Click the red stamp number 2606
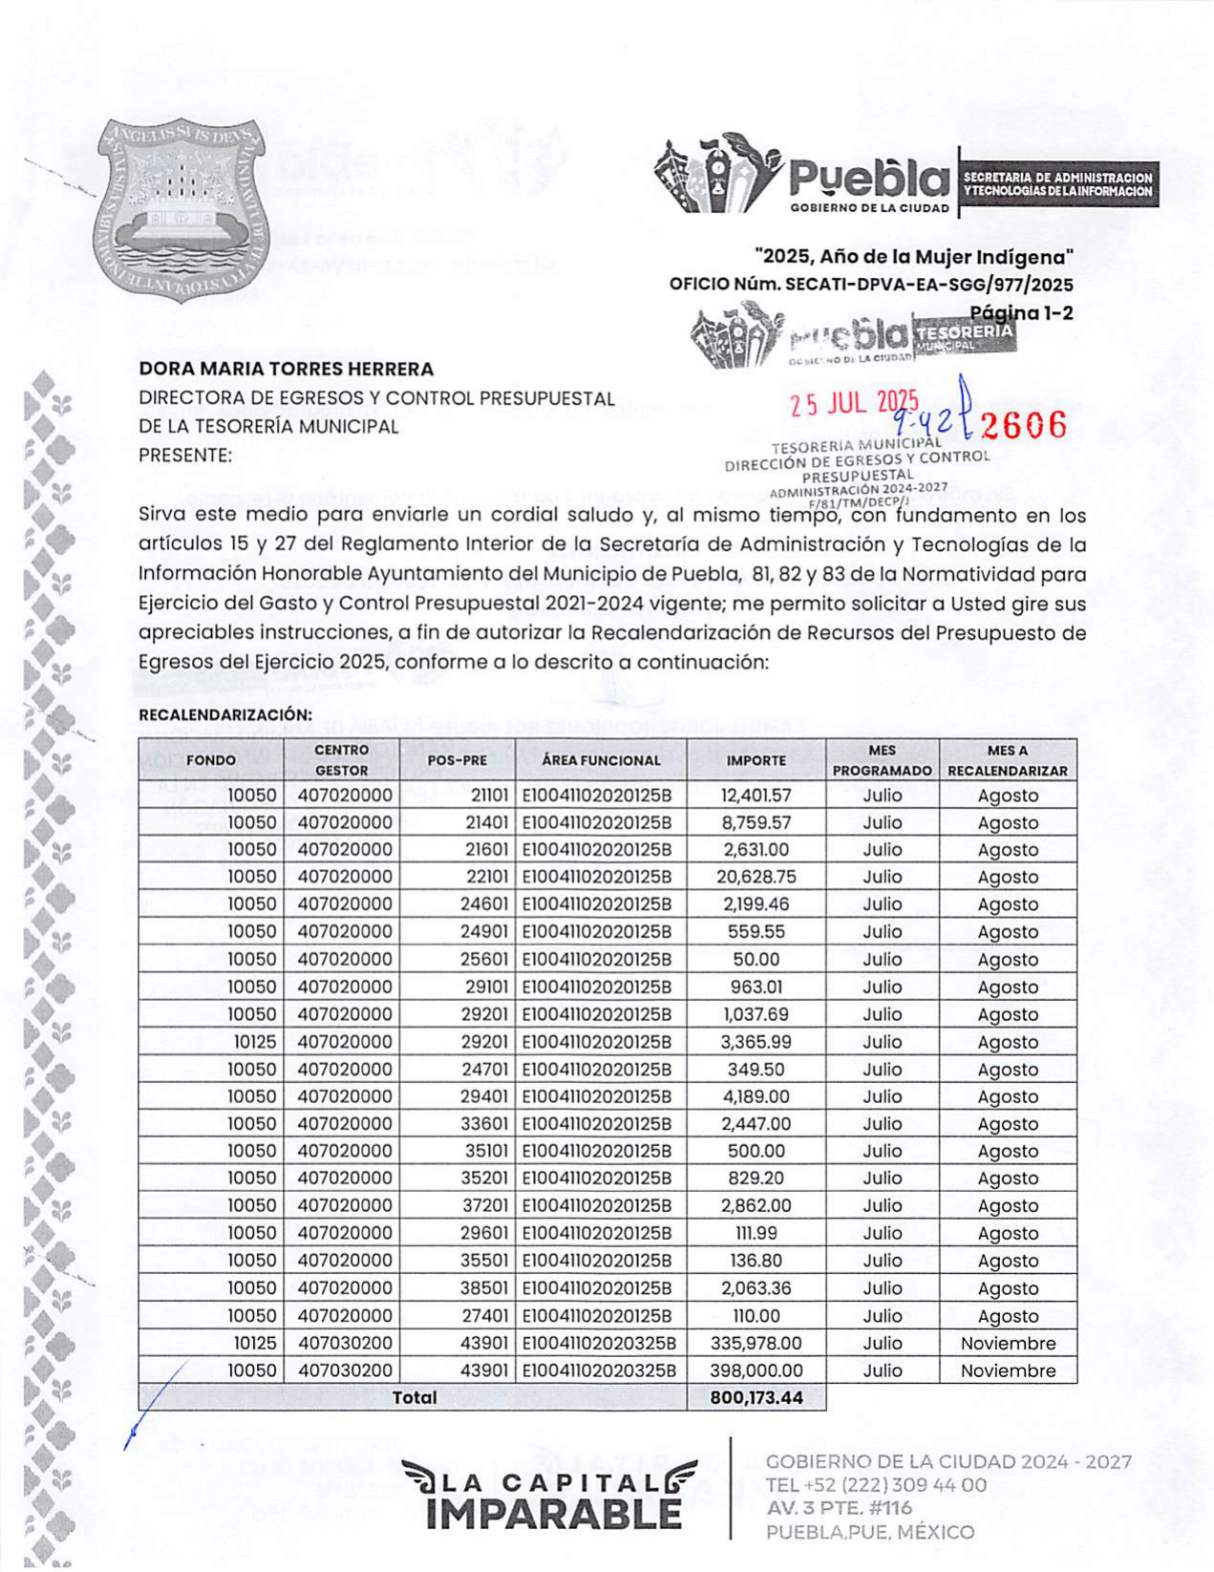point(1023,425)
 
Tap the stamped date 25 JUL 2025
point(854,404)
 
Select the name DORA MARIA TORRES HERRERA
point(286,369)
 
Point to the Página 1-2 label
point(1021,312)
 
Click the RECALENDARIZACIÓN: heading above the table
point(225,714)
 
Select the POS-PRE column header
point(457,760)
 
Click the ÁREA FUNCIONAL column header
point(600,760)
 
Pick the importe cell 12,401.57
point(756,796)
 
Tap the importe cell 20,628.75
point(756,877)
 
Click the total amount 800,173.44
point(756,1398)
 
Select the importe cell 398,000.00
point(756,1370)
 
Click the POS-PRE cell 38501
point(484,1288)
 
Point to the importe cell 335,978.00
point(756,1344)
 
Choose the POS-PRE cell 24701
point(484,1070)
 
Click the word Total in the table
point(415,1398)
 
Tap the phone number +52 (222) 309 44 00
point(876,1485)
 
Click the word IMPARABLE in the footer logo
point(554,1514)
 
